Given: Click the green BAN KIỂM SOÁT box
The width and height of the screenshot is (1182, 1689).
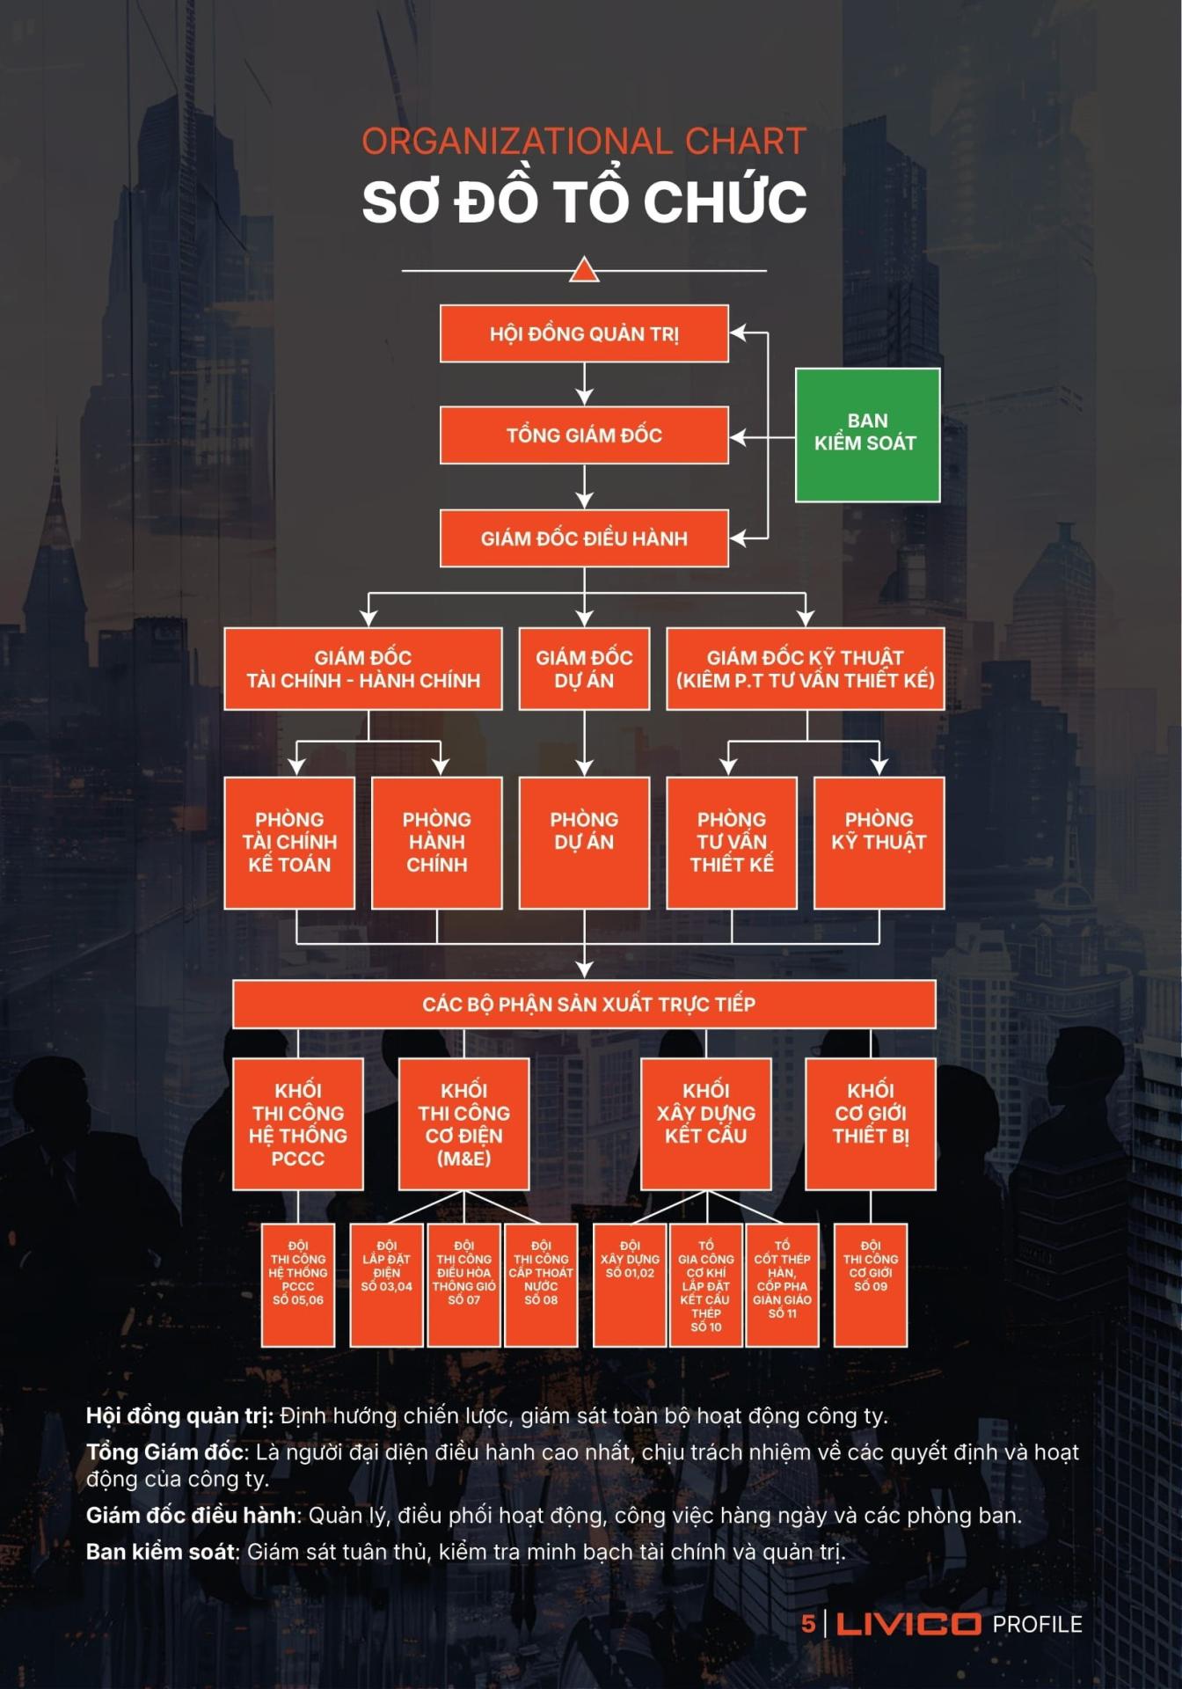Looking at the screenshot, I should [867, 435].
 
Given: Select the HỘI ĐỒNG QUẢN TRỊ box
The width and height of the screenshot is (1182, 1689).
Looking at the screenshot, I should [584, 333].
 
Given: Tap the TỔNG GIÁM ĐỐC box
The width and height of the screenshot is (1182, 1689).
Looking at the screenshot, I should [584, 435].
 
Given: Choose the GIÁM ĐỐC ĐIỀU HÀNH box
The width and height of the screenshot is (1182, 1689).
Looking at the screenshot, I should [584, 537].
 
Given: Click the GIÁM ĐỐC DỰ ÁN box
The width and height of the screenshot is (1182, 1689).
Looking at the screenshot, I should [584, 669].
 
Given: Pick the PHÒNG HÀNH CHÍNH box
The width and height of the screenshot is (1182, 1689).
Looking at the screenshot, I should [436, 842].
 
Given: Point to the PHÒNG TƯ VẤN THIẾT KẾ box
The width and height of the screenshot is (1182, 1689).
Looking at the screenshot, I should [732, 842].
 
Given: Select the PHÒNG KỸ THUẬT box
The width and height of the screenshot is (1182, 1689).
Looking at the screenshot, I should [879, 842].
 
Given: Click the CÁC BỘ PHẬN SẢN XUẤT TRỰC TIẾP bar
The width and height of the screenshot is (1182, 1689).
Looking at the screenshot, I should [584, 1004].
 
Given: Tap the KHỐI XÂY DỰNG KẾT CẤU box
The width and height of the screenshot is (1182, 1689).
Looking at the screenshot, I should [705, 1123].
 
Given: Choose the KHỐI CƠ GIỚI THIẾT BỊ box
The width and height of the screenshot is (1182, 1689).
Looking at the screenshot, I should [871, 1123].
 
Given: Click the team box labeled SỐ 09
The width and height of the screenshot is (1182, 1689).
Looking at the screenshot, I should [871, 1284].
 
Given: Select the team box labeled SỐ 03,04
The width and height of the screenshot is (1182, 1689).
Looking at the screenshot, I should [386, 1284].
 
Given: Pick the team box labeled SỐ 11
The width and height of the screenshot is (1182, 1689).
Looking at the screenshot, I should [782, 1284].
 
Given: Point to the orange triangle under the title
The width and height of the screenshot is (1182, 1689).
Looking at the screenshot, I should [584, 270].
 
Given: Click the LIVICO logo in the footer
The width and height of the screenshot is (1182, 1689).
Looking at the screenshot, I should [908, 1624].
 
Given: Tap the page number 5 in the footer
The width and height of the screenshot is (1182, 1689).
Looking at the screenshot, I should [807, 1624].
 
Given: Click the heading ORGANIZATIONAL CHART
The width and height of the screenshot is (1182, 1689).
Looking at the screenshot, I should [584, 142].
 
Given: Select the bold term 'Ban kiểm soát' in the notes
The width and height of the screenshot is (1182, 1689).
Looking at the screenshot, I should [161, 1552].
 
